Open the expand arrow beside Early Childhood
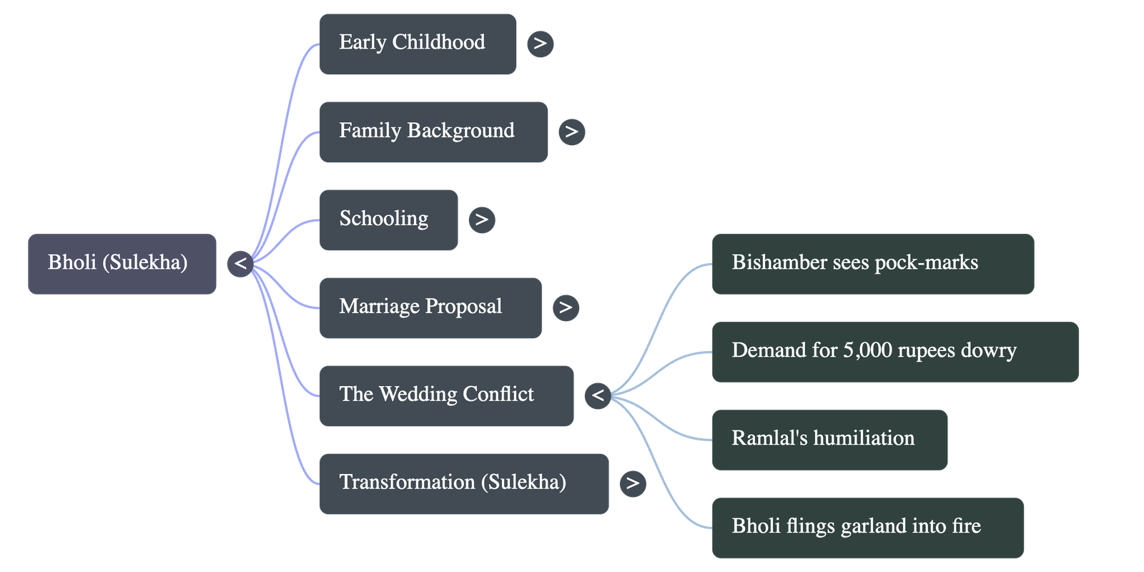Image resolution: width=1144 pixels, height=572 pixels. (x=540, y=44)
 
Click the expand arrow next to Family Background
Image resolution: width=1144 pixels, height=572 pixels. (x=571, y=132)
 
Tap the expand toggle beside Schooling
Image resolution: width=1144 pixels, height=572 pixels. (x=481, y=220)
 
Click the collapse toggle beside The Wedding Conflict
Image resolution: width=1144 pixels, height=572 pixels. (x=598, y=395)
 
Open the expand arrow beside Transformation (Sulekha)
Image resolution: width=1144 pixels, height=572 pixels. (x=632, y=483)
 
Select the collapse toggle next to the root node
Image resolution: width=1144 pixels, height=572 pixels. (x=240, y=264)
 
